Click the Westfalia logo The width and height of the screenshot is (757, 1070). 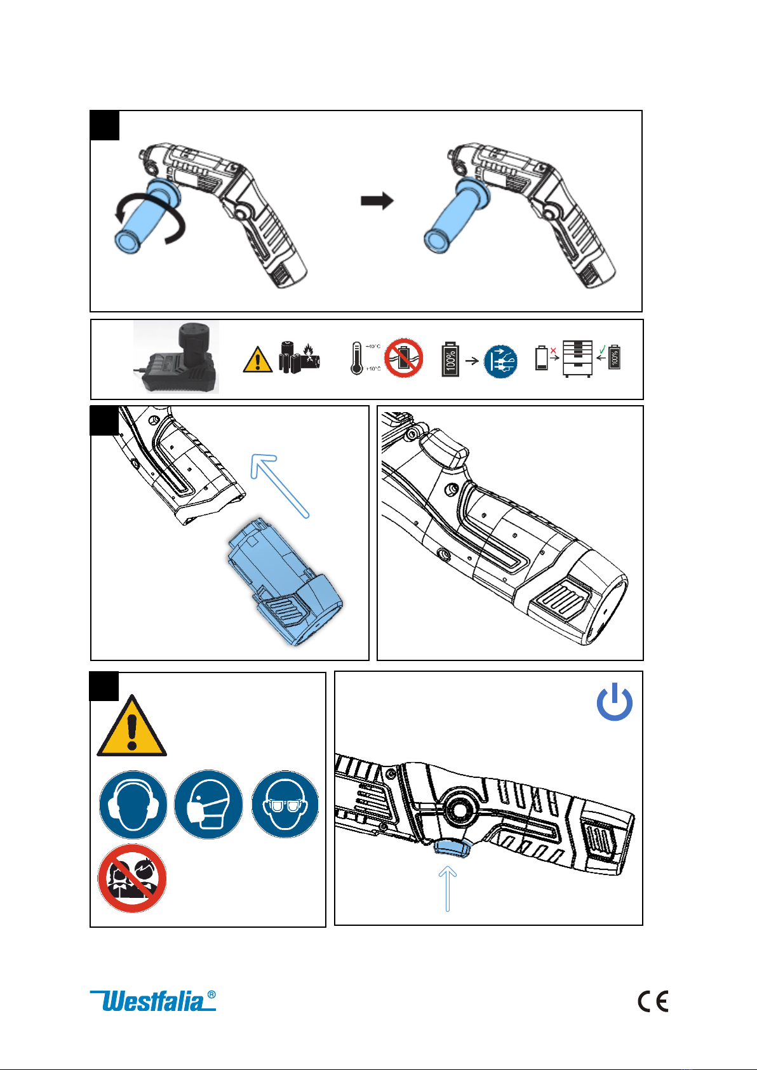[x=153, y=1001]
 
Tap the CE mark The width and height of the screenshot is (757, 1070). [x=653, y=1001]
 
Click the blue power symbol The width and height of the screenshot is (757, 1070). [x=614, y=702]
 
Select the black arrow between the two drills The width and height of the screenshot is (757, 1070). [x=377, y=201]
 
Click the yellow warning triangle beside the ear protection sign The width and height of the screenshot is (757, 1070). [x=131, y=728]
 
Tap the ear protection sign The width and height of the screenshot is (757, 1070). [x=133, y=805]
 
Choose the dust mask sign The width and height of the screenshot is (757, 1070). [x=208, y=805]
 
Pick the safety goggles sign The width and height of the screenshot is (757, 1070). [x=285, y=805]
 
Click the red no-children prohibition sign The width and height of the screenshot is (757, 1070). [x=132, y=878]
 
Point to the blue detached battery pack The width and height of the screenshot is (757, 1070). [x=284, y=581]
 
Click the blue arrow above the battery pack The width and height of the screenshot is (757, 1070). [x=279, y=485]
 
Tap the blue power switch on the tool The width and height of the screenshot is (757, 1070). [x=452, y=846]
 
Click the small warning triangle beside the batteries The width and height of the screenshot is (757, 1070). [x=257, y=359]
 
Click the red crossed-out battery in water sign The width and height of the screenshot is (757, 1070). [x=403, y=358]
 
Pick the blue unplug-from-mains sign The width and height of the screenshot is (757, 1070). [x=500, y=361]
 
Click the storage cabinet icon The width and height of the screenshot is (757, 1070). [x=577, y=359]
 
